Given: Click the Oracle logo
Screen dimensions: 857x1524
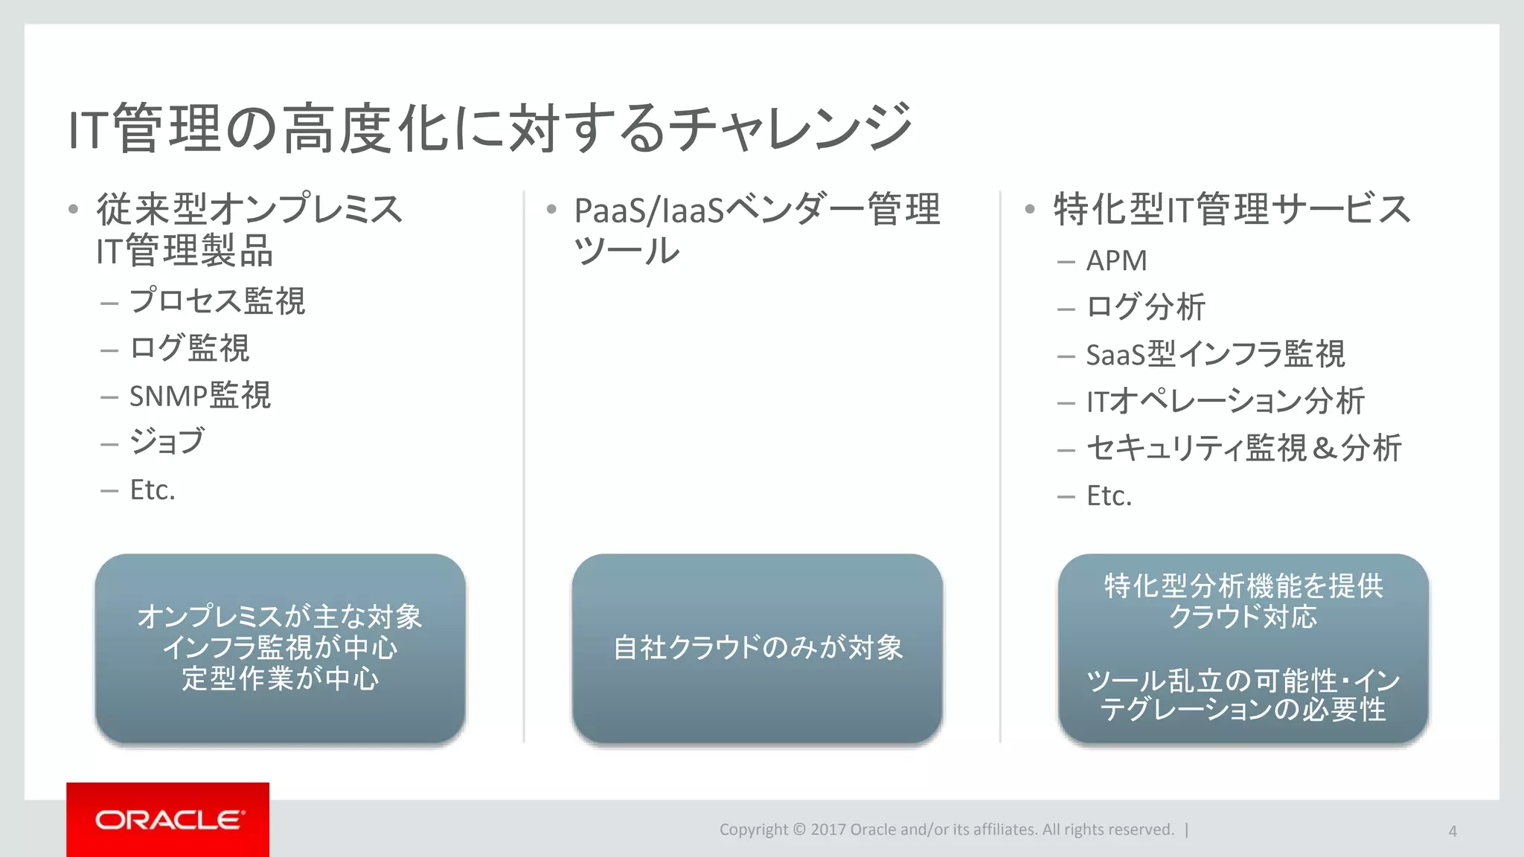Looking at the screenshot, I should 168,820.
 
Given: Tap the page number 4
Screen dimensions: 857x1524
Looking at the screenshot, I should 1452,831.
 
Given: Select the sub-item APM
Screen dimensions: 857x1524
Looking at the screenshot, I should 1116,261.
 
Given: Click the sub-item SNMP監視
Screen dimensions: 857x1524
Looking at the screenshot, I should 200,396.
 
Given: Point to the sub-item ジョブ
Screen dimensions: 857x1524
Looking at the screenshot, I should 167,442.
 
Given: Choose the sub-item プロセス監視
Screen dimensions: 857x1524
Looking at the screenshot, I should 217,301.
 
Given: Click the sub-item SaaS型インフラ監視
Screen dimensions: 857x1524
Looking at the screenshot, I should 1215,355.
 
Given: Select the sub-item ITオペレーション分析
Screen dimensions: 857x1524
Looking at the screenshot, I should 1225,402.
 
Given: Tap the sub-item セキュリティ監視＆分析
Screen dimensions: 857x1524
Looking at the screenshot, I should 1243,449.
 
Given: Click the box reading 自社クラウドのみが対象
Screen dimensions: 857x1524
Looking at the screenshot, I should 757,647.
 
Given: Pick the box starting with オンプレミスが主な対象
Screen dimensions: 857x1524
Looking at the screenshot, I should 280,647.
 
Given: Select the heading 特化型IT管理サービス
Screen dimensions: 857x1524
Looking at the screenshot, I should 1232,209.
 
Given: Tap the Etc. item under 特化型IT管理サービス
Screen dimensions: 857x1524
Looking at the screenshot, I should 1109,496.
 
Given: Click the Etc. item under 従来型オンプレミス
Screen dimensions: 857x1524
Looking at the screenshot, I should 153,490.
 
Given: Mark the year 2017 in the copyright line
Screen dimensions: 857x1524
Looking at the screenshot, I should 827,829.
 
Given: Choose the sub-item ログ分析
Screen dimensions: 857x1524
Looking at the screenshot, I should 1145,307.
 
